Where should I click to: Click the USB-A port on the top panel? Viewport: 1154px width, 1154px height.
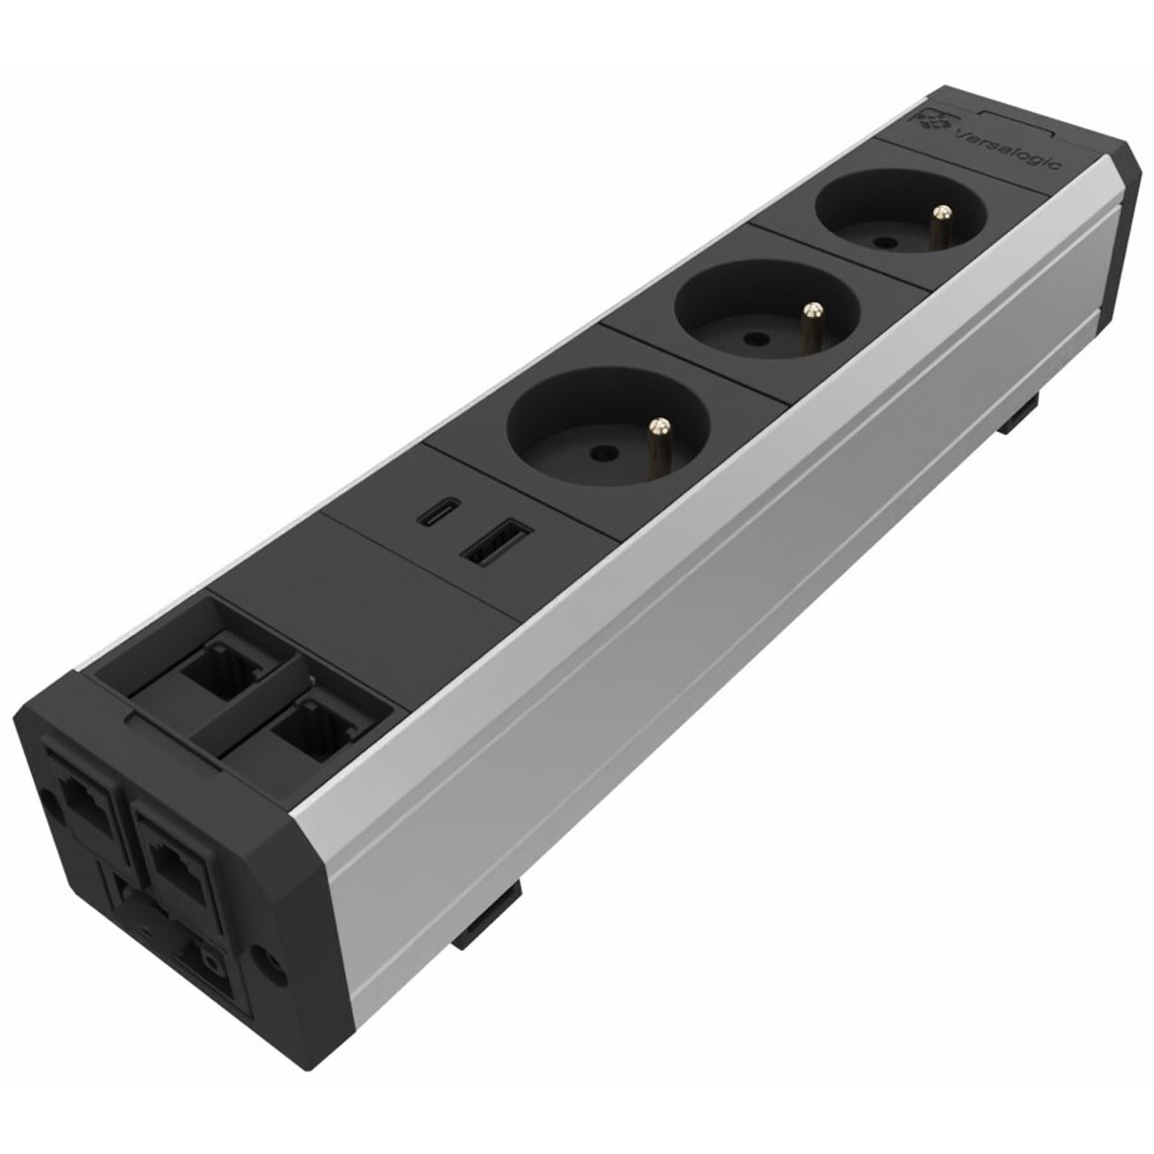494,538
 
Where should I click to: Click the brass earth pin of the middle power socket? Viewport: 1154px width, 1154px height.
810,325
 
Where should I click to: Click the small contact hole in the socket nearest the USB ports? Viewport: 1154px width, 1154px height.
598,454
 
